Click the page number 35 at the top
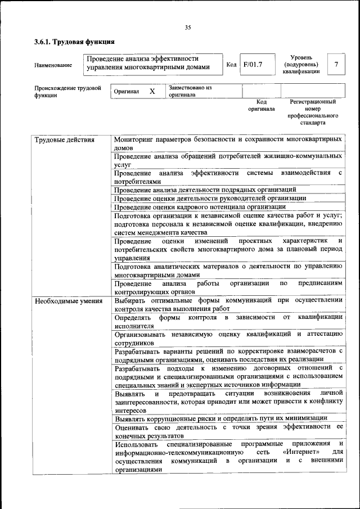[x=188, y=28]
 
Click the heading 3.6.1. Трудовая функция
[x=74, y=42]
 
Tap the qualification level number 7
[x=336, y=65]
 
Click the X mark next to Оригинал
[x=152, y=91]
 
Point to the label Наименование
[x=53, y=65]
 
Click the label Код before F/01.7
[x=231, y=65]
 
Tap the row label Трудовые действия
[x=64, y=139]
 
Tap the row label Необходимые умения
[x=69, y=300]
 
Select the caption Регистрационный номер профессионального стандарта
[x=313, y=112]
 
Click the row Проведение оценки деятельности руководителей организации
[x=210, y=198]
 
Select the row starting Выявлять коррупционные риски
[x=220, y=418]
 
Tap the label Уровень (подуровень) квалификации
[x=301, y=65]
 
